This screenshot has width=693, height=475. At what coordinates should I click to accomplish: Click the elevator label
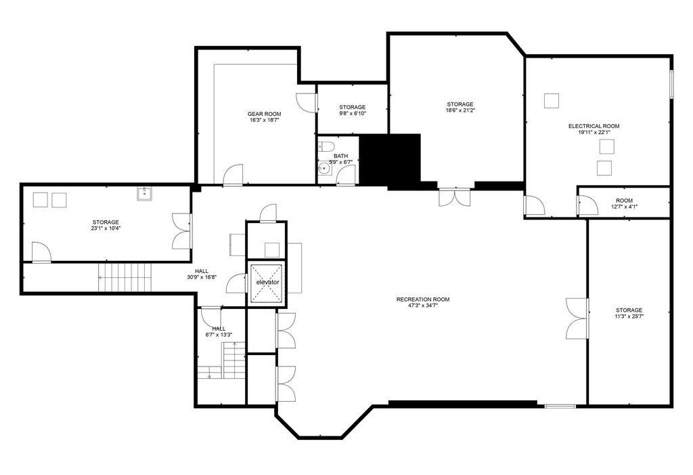268,282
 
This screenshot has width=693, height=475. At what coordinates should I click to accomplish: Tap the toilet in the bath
326,146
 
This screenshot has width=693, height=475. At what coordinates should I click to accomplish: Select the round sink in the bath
325,169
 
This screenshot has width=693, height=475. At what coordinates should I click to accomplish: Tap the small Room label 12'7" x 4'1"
625,204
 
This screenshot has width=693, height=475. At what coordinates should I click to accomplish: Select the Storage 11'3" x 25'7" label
629,313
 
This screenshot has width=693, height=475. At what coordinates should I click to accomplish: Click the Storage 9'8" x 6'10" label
352,110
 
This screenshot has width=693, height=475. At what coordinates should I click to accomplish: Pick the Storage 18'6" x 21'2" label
460,107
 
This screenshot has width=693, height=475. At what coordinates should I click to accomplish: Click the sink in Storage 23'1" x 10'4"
145,194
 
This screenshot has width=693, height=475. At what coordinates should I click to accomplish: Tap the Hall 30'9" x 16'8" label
202,274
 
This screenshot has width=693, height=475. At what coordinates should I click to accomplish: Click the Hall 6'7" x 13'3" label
219,331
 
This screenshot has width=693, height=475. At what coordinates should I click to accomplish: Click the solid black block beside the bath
390,159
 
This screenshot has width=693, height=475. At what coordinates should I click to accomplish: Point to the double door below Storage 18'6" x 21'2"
455,197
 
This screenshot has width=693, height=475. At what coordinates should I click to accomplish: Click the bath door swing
346,175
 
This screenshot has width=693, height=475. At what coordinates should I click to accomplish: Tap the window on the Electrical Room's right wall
671,84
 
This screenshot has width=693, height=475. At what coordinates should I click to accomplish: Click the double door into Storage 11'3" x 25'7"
578,318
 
